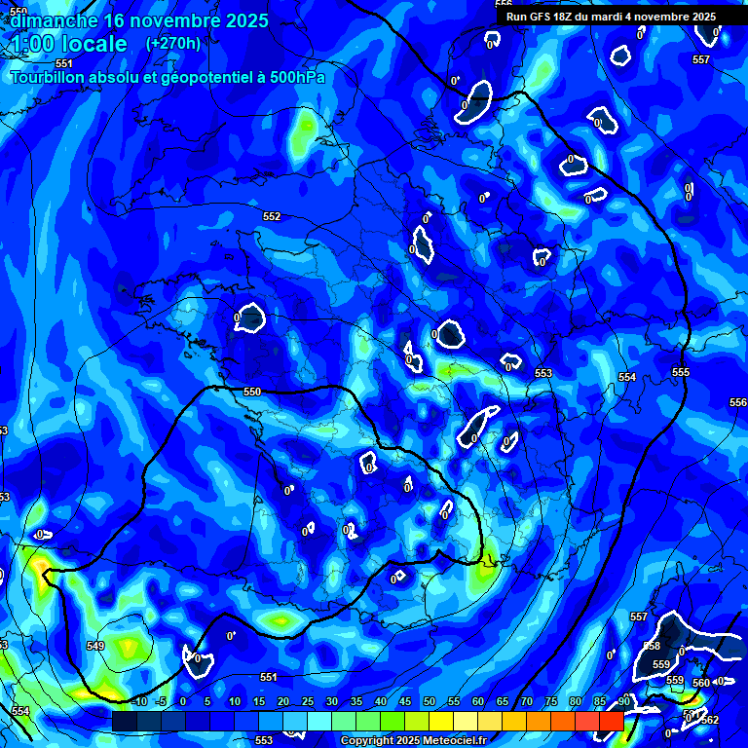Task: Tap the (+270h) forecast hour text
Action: (x=173, y=44)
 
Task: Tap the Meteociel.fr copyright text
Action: (x=412, y=740)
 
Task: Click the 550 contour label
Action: (x=252, y=392)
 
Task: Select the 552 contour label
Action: (x=272, y=216)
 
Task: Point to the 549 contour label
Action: (x=95, y=646)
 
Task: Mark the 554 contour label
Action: (x=626, y=377)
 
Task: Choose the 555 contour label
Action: (x=680, y=373)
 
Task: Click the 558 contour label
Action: (x=652, y=646)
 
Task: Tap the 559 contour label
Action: (x=660, y=664)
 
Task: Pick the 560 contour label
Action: (x=701, y=683)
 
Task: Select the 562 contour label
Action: (x=709, y=720)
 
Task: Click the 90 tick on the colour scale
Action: (x=622, y=701)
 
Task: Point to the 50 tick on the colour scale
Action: (x=430, y=701)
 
